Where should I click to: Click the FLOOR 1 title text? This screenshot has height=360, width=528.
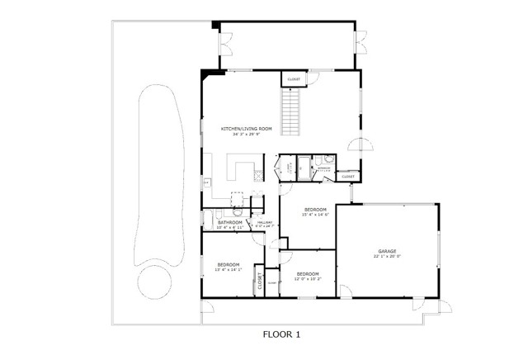(283, 335)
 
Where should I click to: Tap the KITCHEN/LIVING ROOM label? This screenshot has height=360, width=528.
(246, 129)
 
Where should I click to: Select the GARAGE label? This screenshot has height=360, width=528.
(388, 250)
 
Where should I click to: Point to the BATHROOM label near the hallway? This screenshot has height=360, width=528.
(229, 222)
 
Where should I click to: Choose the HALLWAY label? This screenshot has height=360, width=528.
(265, 223)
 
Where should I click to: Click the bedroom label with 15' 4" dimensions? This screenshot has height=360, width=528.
(316, 210)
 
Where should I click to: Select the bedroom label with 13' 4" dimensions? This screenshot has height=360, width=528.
(228, 265)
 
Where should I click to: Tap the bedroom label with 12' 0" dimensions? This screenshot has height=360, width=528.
(308, 273)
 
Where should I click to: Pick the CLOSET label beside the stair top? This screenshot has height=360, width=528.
(294, 79)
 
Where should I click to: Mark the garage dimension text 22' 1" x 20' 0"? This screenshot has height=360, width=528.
(388, 256)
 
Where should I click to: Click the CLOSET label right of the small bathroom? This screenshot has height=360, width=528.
(347, 176)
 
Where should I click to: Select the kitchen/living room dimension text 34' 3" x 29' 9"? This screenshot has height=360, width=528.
(246, 135)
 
